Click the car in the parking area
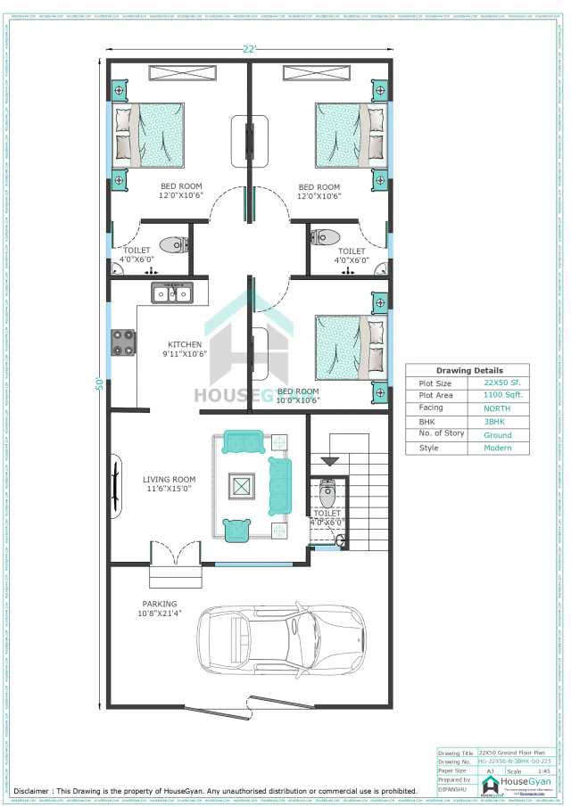coord(281,638)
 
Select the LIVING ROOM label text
coord(169,484)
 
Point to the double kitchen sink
coord(170,292)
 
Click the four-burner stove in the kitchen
coord(122,342)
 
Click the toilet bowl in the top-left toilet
coord(171,244)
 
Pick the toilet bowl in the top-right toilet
coord(325,237)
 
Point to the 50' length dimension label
coord(101,385)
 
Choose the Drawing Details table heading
coord(468,370)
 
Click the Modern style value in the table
coord(497,448)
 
